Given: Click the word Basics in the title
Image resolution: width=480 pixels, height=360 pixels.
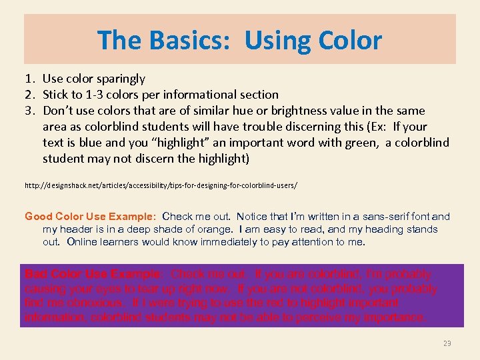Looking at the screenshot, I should click(x=188, y=41).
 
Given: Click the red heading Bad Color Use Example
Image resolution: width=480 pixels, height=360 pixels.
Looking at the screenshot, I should click(x=93, y=274).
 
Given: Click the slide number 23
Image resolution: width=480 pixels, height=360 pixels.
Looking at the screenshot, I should click(x=447, y=343).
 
